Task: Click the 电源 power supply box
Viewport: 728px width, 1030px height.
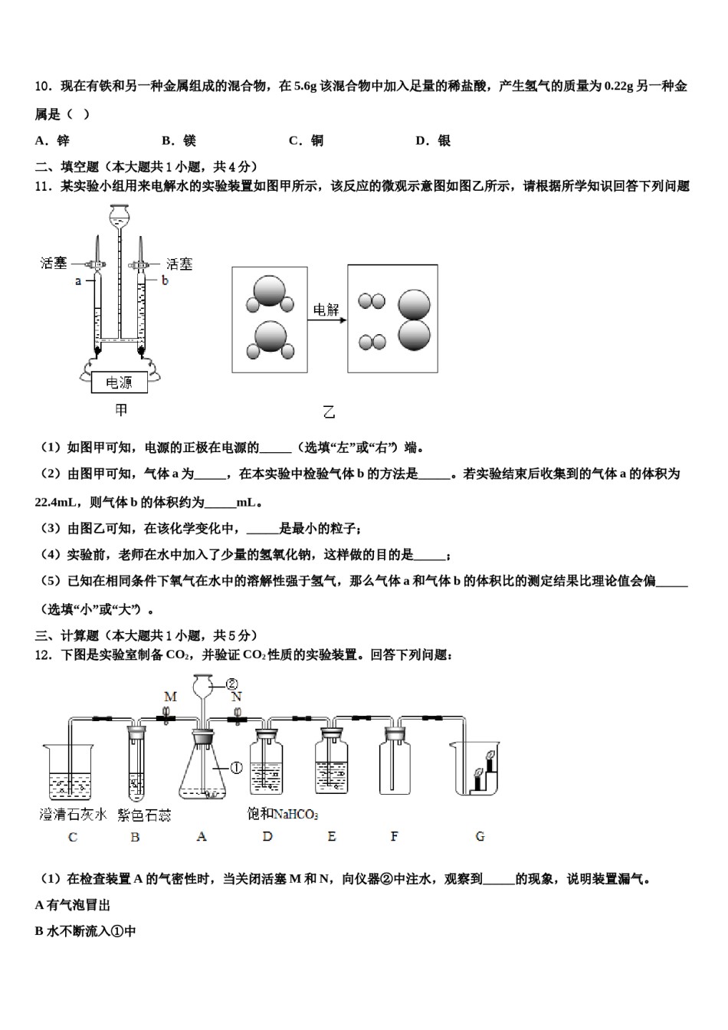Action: [119, 382]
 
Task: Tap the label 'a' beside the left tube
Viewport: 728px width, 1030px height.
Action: [78, 281]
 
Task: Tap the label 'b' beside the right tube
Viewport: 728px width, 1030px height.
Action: [165, 281]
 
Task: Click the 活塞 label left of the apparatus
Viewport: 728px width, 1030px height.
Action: [54, 264]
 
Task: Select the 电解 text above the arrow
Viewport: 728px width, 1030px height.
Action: [326, 310]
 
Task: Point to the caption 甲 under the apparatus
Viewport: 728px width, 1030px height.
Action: [121, 410]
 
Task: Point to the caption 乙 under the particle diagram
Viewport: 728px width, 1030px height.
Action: [329, 412]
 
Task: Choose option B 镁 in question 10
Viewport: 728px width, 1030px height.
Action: [179, 140]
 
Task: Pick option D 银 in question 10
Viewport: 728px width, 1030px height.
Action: [433, 140]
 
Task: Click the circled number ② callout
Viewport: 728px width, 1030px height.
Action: [231, 684]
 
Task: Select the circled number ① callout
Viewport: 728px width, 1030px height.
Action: [236, 767]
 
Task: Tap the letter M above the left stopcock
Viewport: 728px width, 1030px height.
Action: [170, 697]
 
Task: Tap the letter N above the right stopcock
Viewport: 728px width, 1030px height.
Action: [237, 697]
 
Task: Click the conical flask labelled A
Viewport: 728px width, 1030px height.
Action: [202, 774]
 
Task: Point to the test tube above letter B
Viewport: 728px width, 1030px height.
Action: [136, 766]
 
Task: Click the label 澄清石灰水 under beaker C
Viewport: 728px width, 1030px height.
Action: [73, 815]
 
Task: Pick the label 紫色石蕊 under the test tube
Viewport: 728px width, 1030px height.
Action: [144, 815]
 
